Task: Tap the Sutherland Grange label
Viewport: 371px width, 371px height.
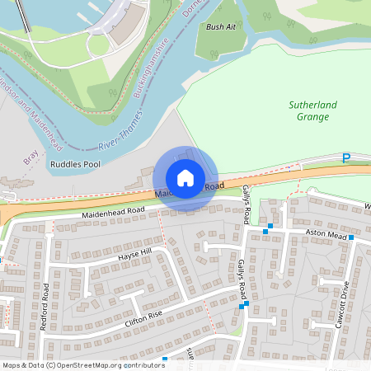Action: click(x=309, y=110)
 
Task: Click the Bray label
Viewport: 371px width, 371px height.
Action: click(x=31, y=156)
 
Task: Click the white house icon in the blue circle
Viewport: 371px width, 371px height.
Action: click(x=185, y=178)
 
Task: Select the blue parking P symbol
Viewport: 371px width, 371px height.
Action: click(x=346, y=157)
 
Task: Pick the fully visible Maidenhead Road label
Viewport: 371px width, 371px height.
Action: click(x=112, y=213)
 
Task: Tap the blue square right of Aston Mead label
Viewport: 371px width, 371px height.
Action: click(x=350, y=237)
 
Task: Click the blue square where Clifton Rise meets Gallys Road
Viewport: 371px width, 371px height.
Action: click(x=242, y=307)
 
